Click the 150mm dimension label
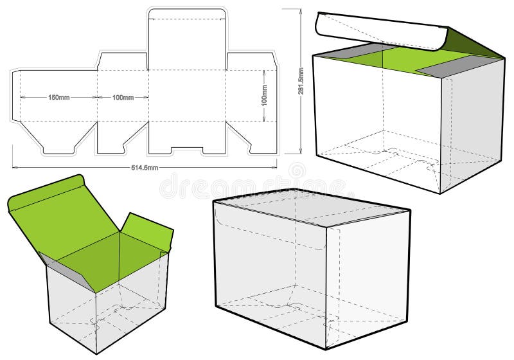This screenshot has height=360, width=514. (58, 98)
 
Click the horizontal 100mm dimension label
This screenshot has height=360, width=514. (123, 98)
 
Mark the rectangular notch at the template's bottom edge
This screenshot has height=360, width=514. (187, 151)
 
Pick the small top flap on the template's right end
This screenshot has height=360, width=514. (251, 61)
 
